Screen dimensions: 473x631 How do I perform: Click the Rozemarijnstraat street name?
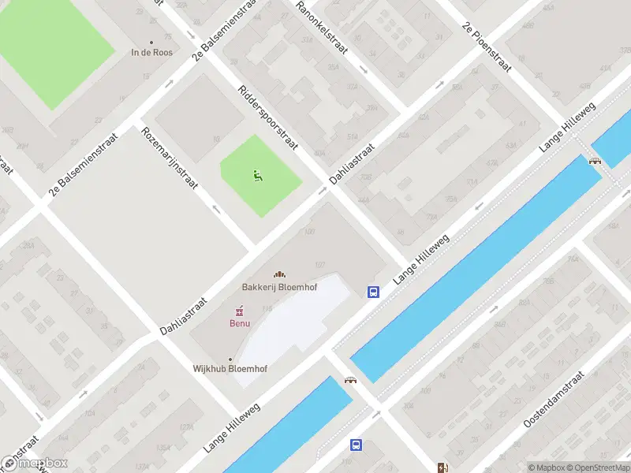pyautogui.click(x=169, y=158)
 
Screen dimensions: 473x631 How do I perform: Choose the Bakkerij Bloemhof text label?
pyautogui.click(x=279, y=287)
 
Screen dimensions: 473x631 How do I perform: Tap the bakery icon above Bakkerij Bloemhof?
pyautogui.click(x=279, y=274)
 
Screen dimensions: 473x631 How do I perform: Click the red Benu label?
pyautogui.click(x=240, y=322)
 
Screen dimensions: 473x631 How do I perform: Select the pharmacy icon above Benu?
pyautogui.click(x=240, y=311)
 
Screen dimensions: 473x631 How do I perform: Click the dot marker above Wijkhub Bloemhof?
pyautogui.click(x=230, y=359)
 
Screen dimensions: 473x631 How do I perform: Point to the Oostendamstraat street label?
pyautogui.click(x=563, y=400)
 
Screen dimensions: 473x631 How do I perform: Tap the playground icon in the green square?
pyautogui.click(x=257, y=175)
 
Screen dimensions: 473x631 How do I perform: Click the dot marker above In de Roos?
pyautogui.click(x=151, y=43)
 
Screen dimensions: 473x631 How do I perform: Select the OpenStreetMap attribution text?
pyautogui.click(x=593, y=467)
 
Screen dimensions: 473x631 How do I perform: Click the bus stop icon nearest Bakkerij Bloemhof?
pyautogui.click(x=372, y=292)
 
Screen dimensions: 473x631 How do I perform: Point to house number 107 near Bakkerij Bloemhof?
pyautogui.click(x=320, y=264)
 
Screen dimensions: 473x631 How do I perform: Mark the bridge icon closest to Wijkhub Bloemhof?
pyautogui.click(x=350, y=380)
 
